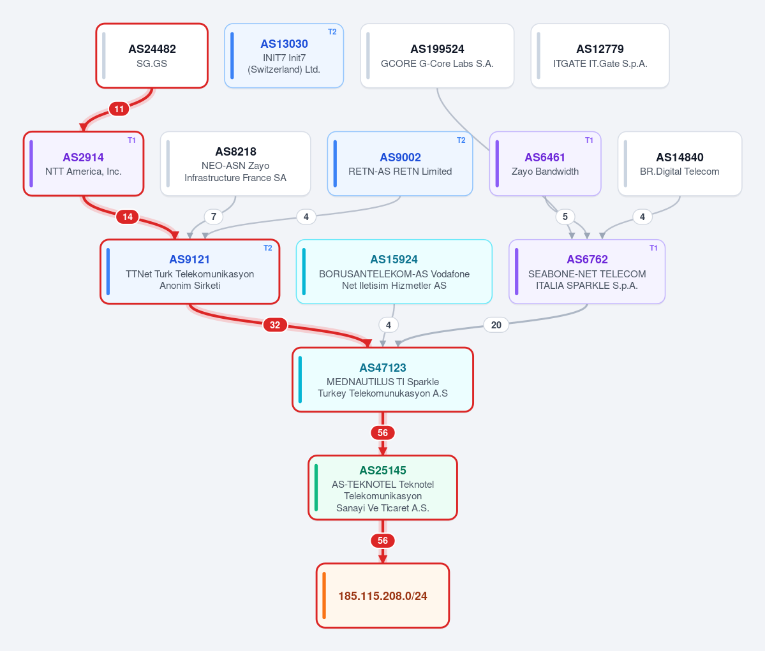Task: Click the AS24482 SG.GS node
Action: pyautogui.click(x=152, y=55)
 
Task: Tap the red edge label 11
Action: pyautogui.click(x=119, y=109)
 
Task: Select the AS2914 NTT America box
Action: pyautogui.click(x=84, y=164)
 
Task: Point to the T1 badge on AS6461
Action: pyautogui.click(x=589, y=140)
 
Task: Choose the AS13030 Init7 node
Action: pyautogui.click(x=284, y=55)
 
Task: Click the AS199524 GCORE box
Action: pyautogui.click(x=437, y=55)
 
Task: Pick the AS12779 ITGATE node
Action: pyautogui.click(x=600, y=55)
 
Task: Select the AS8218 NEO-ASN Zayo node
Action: pyautogui.click(x=235, y=164)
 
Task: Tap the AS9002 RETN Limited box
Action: pyautogui.click(x=400, y=164)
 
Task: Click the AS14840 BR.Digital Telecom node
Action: pyautogui.click(x=680, y=164)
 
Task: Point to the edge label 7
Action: pyautogui.click(x=214, y=217)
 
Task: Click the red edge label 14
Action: pyautogui.click(x=128, y=217)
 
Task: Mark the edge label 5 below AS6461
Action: pyautogui.click(x=565, y=217)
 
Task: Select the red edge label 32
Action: pyautogui.click(x=275, y=325)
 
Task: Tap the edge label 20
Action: pyautogui.click(x=496, y=325)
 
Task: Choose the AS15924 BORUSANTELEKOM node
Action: pyautogui.click(x=394, y=272)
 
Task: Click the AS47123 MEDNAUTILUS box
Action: pyautogui.click(x=383, y=380)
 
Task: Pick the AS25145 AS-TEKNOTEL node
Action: pyautogui.click(x=383, y=488)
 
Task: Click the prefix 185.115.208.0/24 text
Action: pyautogui.click(x=383, y=596)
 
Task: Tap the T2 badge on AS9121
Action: pyautogui.click(x=268, y=248)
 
